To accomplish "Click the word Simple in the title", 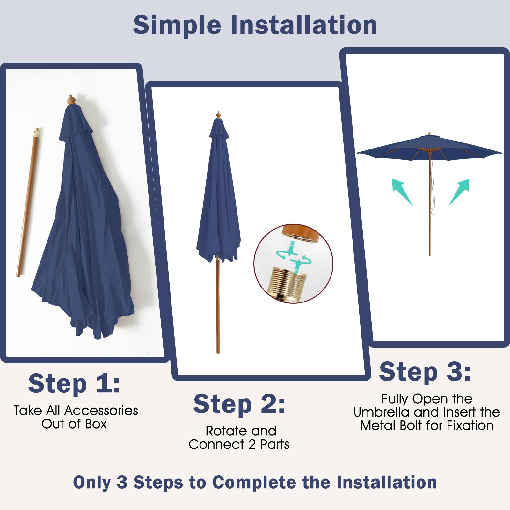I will coord(177,25).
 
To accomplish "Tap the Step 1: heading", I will coord(74,384).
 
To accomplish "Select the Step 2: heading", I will coord(239,404).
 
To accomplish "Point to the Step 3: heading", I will coord(425,372).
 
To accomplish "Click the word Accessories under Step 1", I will coord(101,411).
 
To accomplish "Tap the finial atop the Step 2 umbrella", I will coord(218,115).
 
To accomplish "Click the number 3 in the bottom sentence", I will coord(122,482).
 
